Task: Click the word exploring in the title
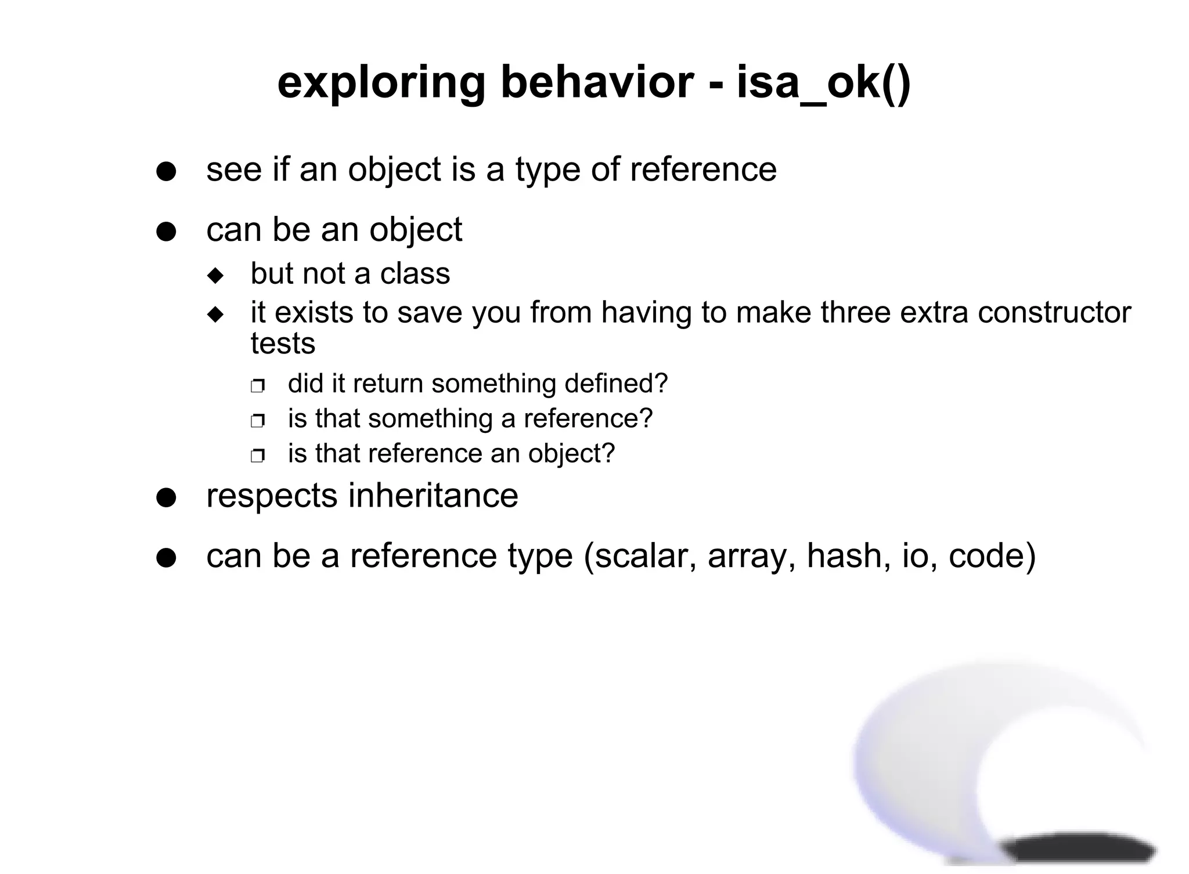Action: [x=381, y=84]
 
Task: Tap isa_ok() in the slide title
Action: [x=824, y=84]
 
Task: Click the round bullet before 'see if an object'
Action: [x=166, y=172]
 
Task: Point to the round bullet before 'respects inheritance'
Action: [x=166, y=498]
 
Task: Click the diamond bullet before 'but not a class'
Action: [x=215, y=276]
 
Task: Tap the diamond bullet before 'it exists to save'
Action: [x=215, y=315]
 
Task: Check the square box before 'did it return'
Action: [x=257, y=386]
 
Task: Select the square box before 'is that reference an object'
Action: [x=257, y=456]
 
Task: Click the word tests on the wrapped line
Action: [x=283, y=344]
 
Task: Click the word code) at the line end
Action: [x=992, y=556]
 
